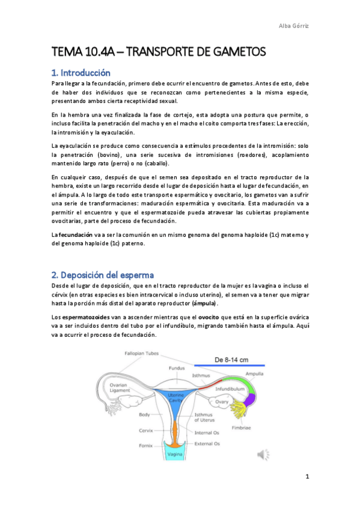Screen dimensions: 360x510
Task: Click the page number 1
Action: (307, 478)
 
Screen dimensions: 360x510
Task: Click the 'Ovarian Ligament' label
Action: (120, 387)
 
